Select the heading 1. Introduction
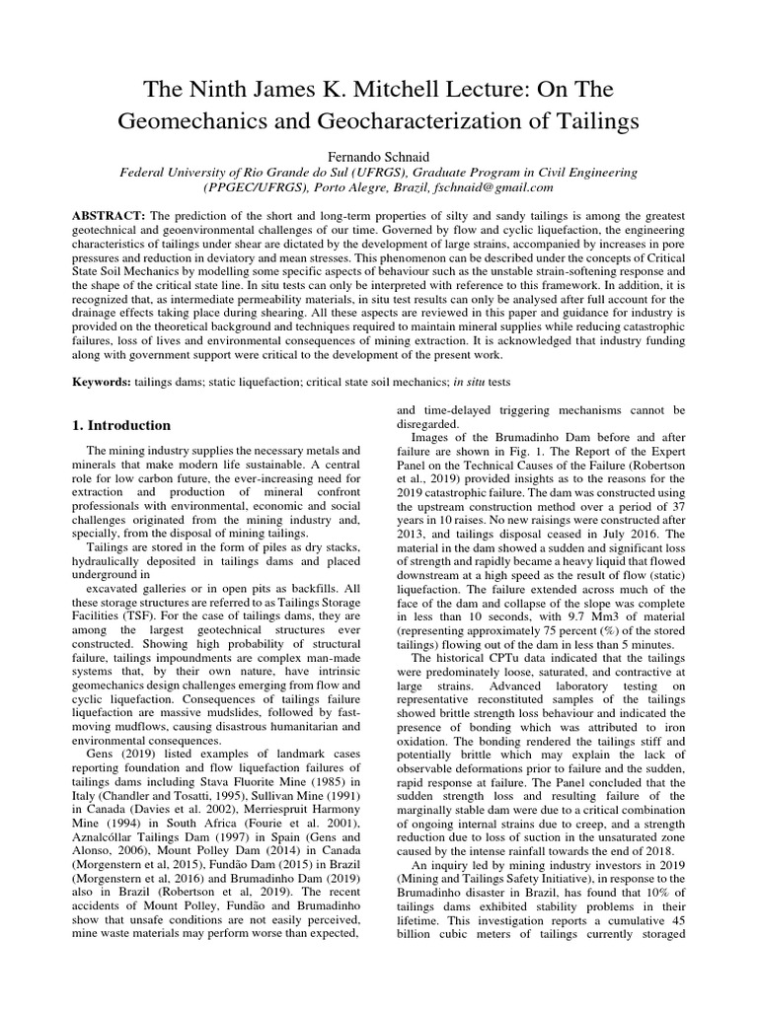click(122, 425)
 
